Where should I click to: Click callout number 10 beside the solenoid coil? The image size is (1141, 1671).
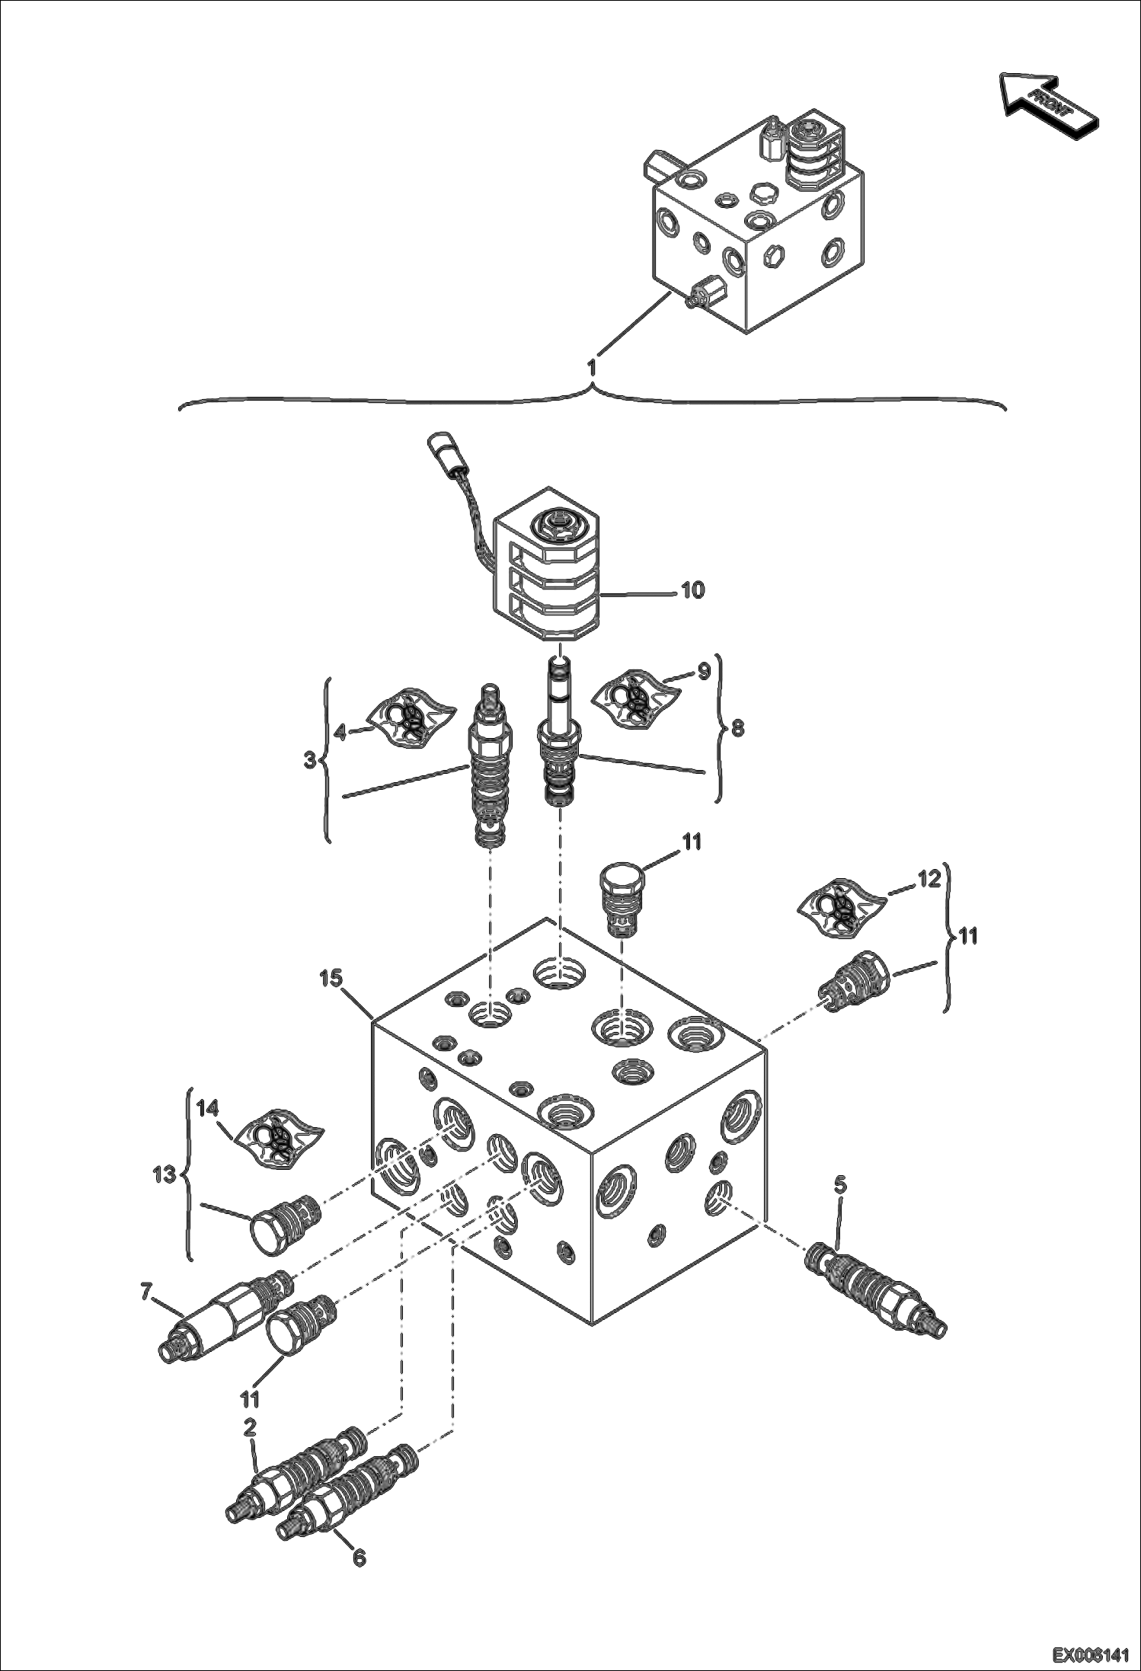(692, 590)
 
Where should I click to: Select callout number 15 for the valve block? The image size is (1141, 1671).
(332, 977)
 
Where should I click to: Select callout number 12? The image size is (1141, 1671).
(928, 878)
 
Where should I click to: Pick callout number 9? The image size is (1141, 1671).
(702, 671)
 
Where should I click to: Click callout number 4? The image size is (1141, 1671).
(340, 732)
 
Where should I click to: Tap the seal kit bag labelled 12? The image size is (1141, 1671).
(842, 906)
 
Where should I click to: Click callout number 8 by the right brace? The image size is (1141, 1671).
(737, 729)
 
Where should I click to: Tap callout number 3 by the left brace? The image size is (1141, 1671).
(310, 760)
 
